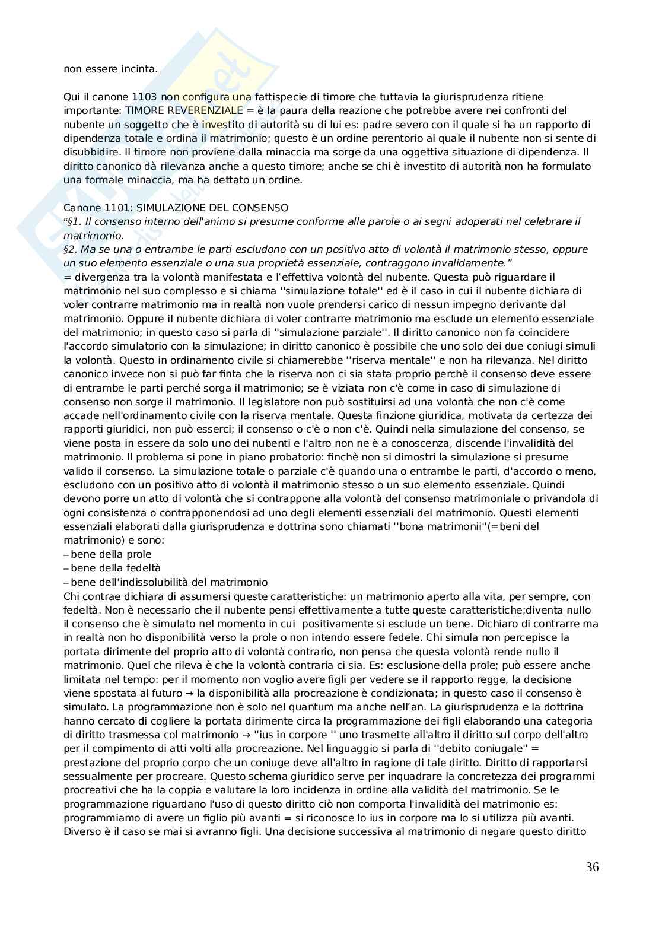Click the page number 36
point(592,867)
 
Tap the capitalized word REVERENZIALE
point(209,110)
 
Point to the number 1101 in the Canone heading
point(113,208)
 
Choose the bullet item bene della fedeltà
point(115,568)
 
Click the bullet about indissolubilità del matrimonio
point(168,582)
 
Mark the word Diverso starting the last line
point(81,831)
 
